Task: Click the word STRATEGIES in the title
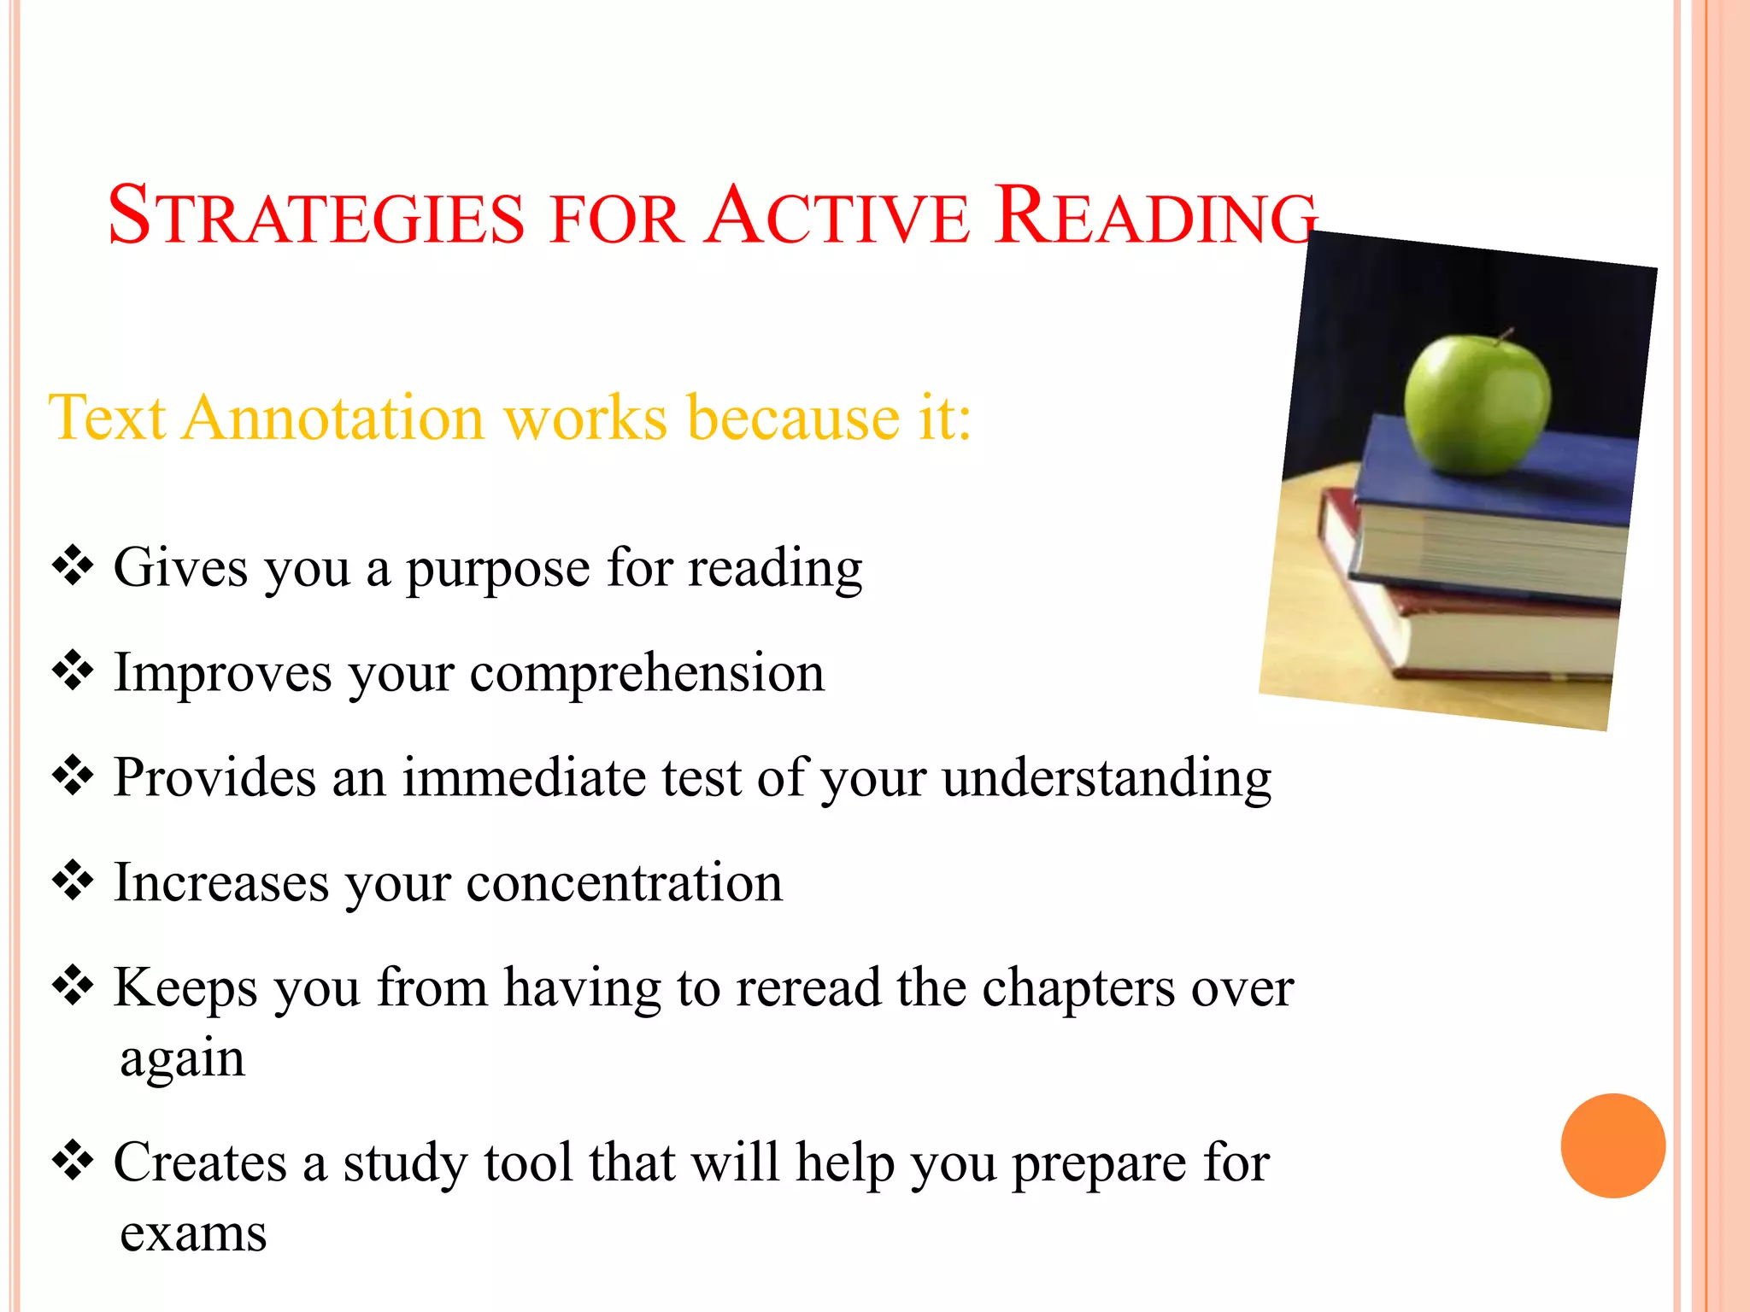pos(316,216)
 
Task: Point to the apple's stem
pos(1506,335)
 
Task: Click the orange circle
pos(1612,1145)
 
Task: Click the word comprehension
pos(647,673)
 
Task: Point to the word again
pos(182,1060)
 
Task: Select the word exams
pos(193,1234)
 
